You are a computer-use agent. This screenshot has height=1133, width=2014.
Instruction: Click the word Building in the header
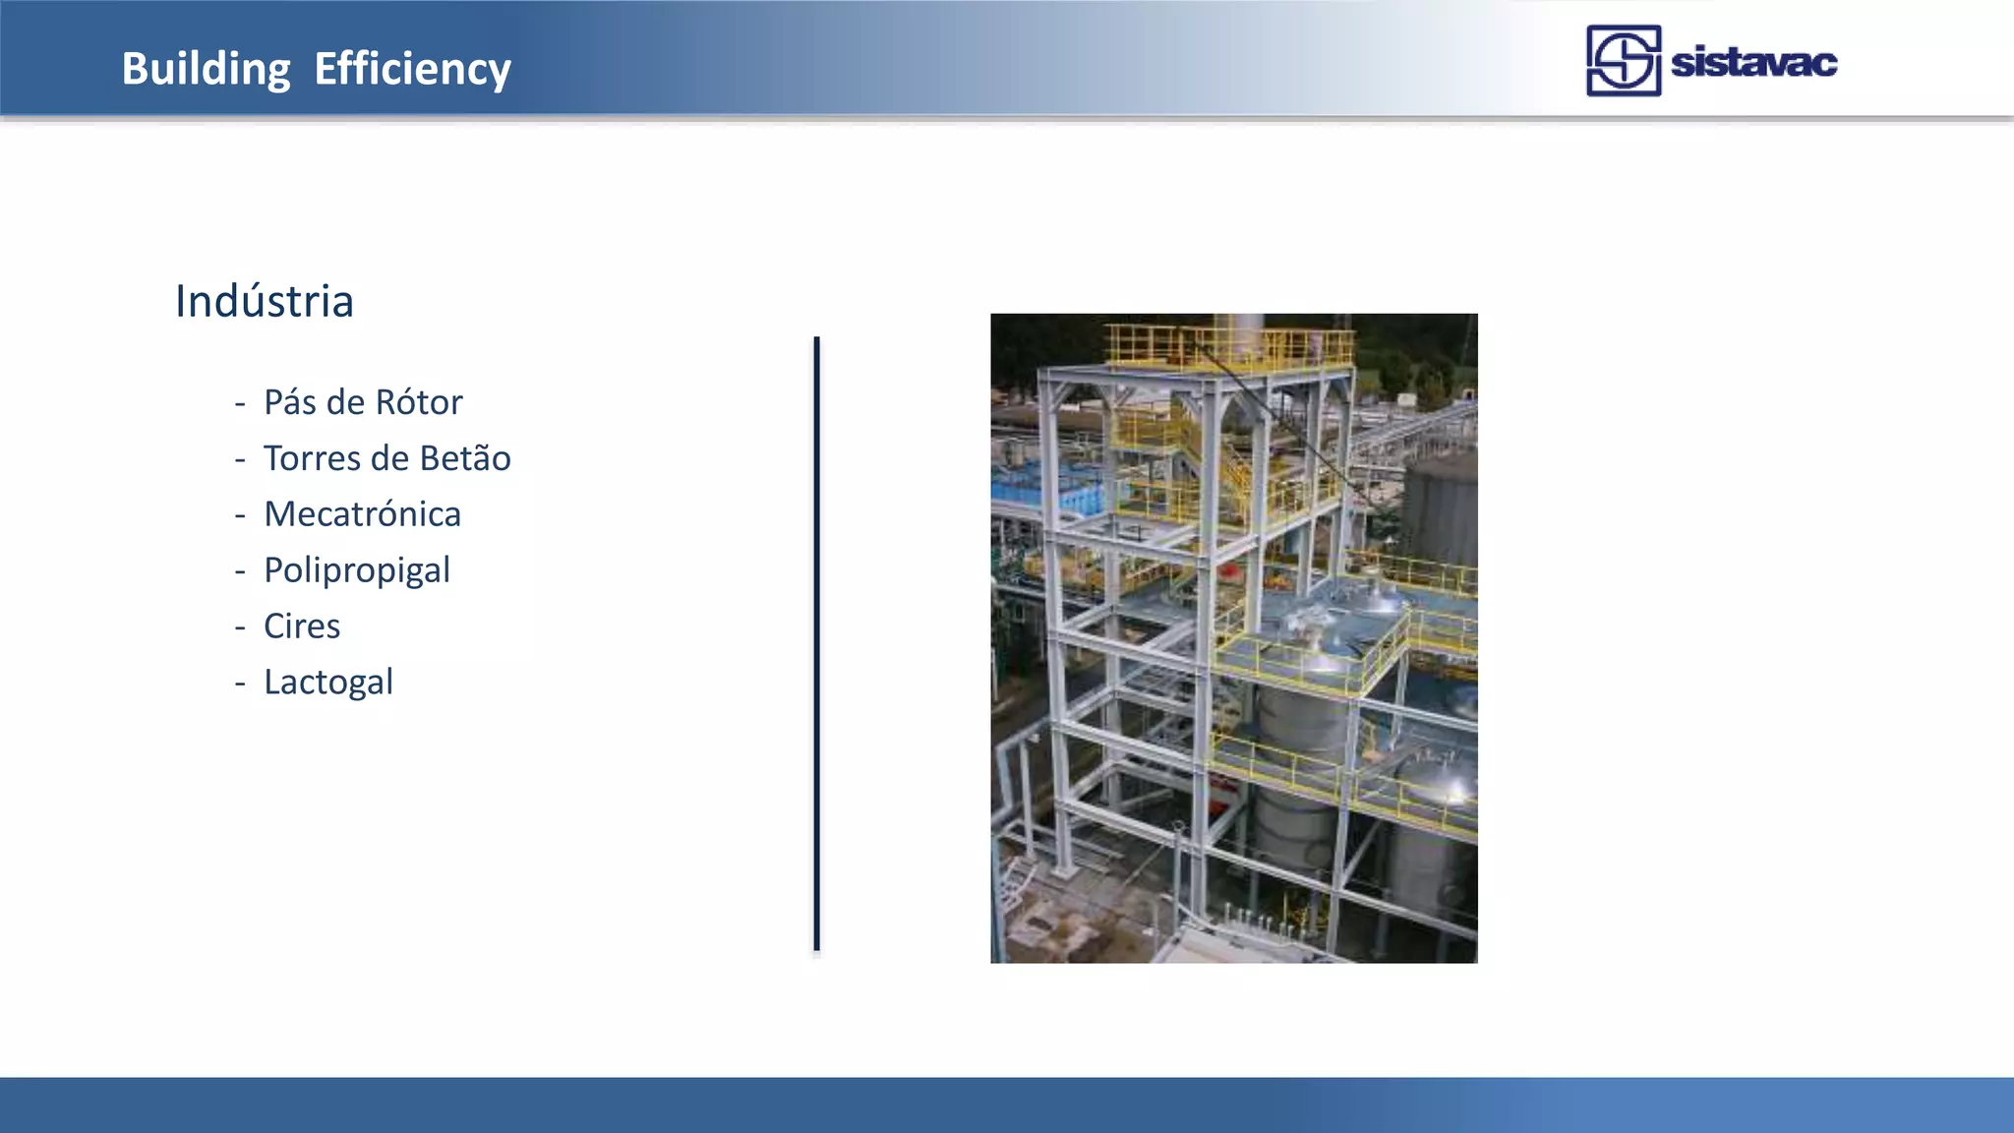pyautogui.click(x=206, y=69)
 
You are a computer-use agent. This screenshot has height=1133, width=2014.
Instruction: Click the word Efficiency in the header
pyautogui.click(x=412, y=69)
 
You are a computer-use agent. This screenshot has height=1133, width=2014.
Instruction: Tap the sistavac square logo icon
pyautogui.click(x=1623, y=61)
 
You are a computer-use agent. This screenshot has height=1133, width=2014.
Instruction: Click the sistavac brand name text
pyautogui.click(x=1753, y=63)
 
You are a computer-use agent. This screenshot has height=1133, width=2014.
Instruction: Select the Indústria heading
pyautogui.click(x=264, y=301)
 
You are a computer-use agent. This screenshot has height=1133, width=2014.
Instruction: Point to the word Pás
pyautogui.click(x=290, y=402)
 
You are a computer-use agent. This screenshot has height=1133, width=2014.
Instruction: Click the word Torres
pyautogui.click(x=312, y=458)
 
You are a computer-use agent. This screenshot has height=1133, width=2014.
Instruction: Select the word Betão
pyautogui.click(x=464, y=458)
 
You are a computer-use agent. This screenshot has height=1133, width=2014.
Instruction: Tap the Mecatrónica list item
pyautogui.click(x=362, y=514)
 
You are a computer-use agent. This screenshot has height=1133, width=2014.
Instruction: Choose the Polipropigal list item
pyautogui.click(x=356, y=570)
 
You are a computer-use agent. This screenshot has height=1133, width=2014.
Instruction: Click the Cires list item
pyautogui.click(x=301, y=626)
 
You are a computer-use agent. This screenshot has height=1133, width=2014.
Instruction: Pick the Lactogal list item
pyautogui.click(x=327, y=683)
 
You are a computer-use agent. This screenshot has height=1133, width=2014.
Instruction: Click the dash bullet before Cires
pyautogui.click(x=240, y=627)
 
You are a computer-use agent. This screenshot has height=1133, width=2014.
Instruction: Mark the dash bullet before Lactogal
pyautogui.click(x=240, y=684)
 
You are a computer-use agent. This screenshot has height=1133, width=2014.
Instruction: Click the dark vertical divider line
pyautogui.click(x=816, y=644)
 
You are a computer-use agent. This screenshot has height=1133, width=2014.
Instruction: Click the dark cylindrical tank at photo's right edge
pyautogui.click(x=1442, y=511)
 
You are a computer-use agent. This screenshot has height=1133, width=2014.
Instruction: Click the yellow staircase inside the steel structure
pyautogui.click(x=1219, y=462)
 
